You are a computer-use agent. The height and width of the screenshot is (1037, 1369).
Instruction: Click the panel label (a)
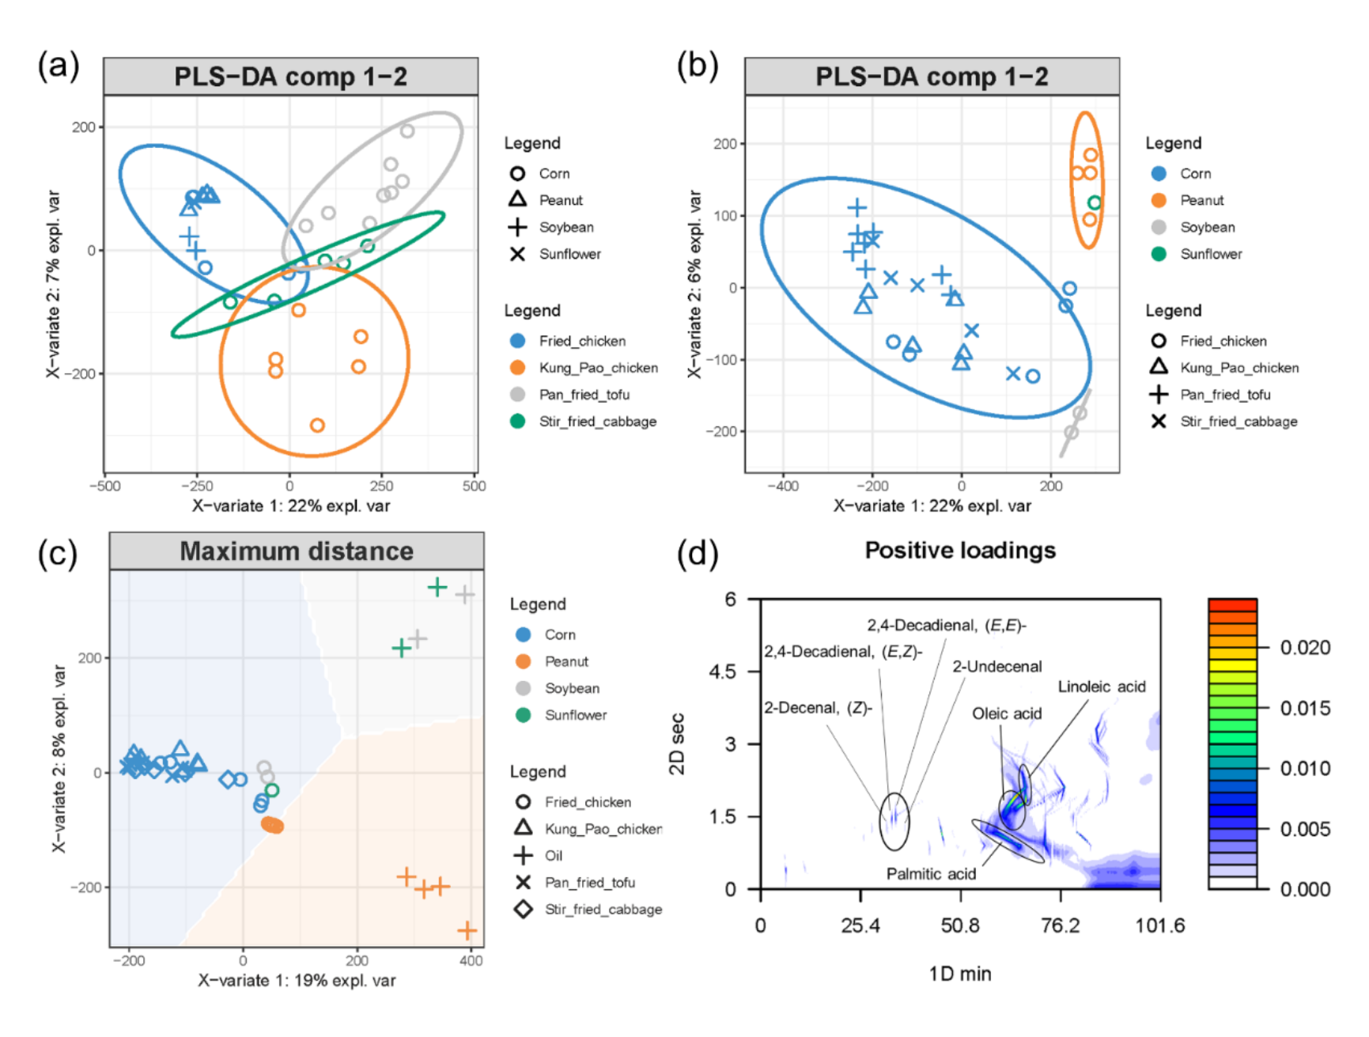pyautogui.click(x=59, y=66)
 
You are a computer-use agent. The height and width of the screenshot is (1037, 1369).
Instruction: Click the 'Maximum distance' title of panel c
pyautogui.click(x=297, y=551)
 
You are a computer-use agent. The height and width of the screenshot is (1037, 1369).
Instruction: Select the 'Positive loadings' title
pyautogui.click(x=959, y=550)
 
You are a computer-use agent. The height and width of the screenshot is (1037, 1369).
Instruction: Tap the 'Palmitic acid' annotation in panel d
pyautogui.click(x=930, y=873)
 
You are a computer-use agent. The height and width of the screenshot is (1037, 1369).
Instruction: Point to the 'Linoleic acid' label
pyautogui.click(x=1101, y=687)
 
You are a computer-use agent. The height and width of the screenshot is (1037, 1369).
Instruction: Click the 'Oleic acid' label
pyautogui.click(x=1006, y=713)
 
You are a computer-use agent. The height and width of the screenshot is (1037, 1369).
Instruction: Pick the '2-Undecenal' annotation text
pyautogui.click(x=996, y=666)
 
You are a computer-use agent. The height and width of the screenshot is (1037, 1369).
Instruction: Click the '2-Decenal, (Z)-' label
pyautogui.click(x=818, y=707)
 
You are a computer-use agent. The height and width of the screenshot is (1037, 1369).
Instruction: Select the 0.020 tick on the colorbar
pyautogui.click(x=1304, y=647)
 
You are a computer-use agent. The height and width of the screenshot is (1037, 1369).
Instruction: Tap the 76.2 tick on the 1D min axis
pyautogui.click(x=1060, y=925)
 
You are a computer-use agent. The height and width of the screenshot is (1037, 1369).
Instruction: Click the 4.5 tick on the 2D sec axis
pyautogui.click(x=721, y=672)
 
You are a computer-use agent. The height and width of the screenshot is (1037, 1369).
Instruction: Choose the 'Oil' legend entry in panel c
pyautogui.click(x=553, y=855)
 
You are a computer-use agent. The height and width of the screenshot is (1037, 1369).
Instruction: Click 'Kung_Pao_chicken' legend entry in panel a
pyautogui.click(x=598, y=368)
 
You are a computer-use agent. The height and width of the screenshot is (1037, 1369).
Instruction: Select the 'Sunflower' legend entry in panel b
pyautogui.click(x=1210, y=254)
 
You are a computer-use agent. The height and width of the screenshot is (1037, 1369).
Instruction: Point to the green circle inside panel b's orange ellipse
pyautogui.click(x=1094, y=203)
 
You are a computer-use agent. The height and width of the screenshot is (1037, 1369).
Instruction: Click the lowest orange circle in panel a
pyautogui.click(x=317, y=426)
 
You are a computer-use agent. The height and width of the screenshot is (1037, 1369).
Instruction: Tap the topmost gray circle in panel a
pyautogui.click(x=407, y=131)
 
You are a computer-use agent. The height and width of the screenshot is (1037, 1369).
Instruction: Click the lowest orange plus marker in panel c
pyautogui.click(x=467, y=930)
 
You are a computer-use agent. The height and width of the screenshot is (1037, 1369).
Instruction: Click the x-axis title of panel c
pyautogui.click(x=297, y=980)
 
